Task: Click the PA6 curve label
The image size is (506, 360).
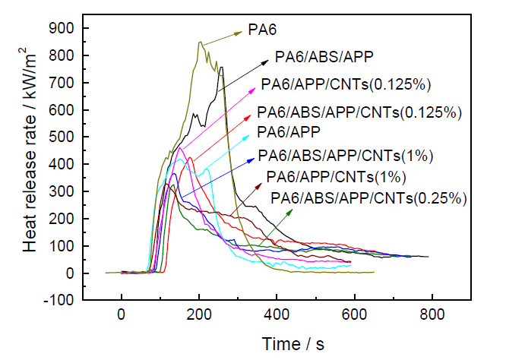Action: pyautogui.click(x=262, y=31)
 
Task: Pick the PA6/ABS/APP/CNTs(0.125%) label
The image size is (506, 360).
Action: pyautogui.click(x=359, y=112)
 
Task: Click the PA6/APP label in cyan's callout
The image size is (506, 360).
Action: pyautogui.click(x=288, y=131)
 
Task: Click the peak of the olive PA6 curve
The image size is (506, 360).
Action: pyautogui.click(x=200, y=43)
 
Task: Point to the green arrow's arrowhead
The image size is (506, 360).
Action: pyautogui.click(x=292, y=210)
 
